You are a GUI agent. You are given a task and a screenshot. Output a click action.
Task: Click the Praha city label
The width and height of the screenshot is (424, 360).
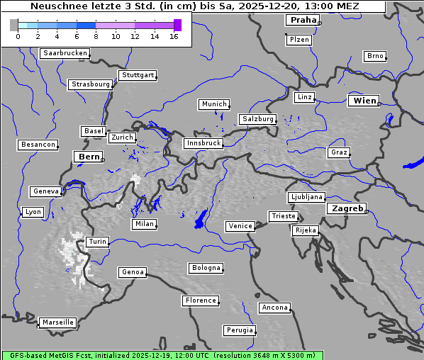[x=301, y=20]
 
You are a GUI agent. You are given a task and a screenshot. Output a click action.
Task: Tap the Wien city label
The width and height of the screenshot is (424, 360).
[x=364, y=101]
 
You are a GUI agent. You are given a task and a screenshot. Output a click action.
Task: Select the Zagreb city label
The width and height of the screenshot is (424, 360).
[x=347, y=208]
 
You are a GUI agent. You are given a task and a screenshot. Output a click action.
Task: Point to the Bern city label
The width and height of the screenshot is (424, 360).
[x=89, y=157]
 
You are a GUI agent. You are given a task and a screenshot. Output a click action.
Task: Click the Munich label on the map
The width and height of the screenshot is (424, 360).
[x=213, y=104]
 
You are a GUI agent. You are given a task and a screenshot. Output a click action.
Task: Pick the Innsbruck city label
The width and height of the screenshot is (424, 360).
[x=203, y=143]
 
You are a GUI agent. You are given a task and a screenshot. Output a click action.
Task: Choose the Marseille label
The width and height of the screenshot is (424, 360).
[x=57, y=322]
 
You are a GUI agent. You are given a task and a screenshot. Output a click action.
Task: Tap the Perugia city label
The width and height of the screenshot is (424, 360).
[x=240, y=330]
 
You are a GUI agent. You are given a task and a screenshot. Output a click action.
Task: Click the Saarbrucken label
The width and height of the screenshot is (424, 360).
[x=65, y=53]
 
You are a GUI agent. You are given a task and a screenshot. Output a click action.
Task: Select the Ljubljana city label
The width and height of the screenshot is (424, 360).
[x=306, y=197]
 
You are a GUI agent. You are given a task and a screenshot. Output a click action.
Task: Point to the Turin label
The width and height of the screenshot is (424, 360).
[x=97, y=242]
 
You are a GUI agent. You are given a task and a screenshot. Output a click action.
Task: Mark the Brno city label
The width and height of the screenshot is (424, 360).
[x=374, y=56]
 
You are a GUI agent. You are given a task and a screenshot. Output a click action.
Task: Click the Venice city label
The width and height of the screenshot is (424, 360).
[x=240, y=226]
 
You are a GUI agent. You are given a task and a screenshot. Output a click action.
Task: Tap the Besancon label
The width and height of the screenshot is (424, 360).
[x=38, y=145]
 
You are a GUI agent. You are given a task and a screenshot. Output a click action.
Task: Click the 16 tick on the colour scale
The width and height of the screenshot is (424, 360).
[x=174, y=36]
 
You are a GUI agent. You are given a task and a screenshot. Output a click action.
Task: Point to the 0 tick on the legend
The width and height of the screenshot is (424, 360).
[x=18, y=36]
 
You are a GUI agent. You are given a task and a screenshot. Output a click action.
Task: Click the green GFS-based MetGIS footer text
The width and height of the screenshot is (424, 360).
[x=162, y=355]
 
